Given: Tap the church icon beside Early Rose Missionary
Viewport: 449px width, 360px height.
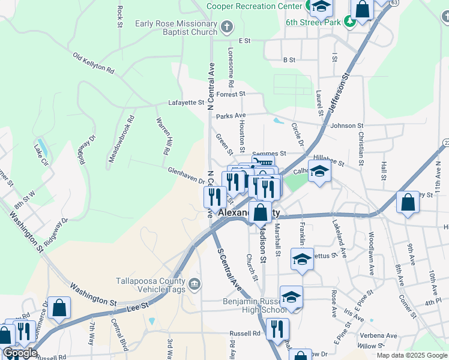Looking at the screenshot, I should pyautogui.click(x=227, y=26).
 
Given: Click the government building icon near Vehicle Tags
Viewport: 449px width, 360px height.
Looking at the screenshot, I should pyautogui.click(x=194, y=283).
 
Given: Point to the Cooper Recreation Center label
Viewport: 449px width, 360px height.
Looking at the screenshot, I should pyautogui.click(x=255, y=5).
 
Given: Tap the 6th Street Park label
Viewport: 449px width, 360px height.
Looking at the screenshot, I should pyautogui.click(x=313, y=22).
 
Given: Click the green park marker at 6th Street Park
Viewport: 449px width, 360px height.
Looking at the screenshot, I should pyautogui.click(x=349, y=22).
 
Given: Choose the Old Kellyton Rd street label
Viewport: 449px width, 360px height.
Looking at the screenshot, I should pyautogui.click(x=93, y=62).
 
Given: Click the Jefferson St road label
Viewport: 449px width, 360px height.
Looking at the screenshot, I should pyautogui.click(x=339, y=92).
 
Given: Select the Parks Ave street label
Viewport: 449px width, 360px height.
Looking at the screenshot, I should pyautogui.click(x=231, y=115).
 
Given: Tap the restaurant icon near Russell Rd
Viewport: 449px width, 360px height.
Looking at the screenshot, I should pyautogui.click(x=277, y=329).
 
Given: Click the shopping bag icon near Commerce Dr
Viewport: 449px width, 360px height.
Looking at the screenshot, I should pyautogui.click(x=59, y=308).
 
